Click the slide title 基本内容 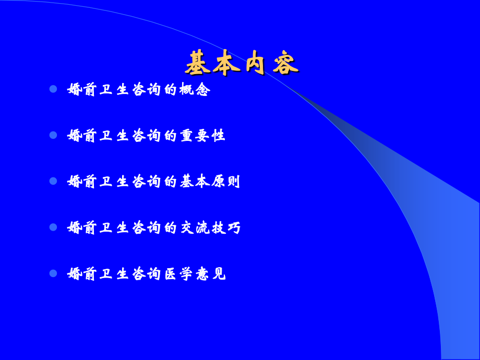[x=241, y=63]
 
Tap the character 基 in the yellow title [x=198, y=63]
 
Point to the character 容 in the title [x=285, y=63]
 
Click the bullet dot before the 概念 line [x=53, y=89]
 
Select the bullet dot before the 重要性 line [x=53, y=135]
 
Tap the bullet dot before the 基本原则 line [x=53, y=181]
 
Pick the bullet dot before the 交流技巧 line [x=53, y=227]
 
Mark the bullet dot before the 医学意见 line [x=53, y=273]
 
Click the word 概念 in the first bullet [x=195, y=90]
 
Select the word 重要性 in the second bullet [x=202, y=136]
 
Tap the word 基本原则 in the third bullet [x=210, y=182]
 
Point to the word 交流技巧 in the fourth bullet [x=210, y=227]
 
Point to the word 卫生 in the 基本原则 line [x=114, y=182]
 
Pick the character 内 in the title [x=256, y=63]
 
